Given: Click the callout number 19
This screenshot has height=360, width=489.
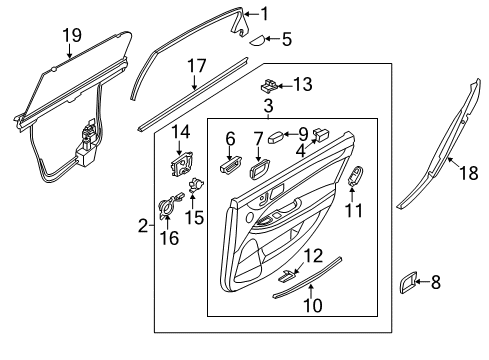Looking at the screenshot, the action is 72,35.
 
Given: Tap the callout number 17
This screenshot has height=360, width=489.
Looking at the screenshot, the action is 197,66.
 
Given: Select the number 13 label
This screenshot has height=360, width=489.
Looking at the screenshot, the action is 303,84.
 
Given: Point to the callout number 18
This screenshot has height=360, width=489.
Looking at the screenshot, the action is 469,173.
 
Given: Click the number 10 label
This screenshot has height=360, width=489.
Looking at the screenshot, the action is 313,305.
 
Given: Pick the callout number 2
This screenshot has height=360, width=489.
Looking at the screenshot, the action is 143,226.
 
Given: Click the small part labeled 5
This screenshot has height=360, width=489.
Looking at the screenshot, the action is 257,41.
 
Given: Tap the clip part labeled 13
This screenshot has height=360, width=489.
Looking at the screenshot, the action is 269,85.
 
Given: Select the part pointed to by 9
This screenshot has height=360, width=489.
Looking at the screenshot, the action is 276,137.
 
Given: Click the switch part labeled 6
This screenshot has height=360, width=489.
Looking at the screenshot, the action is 230,165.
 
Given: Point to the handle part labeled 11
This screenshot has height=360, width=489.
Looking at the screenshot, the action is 356,175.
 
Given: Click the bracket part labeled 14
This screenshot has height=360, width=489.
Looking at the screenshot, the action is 181,164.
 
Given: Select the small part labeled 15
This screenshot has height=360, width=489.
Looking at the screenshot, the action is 196,185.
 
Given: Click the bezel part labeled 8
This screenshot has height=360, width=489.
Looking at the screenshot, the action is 408,282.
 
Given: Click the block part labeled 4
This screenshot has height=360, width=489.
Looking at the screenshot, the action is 320,134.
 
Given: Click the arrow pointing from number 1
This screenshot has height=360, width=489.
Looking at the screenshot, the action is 252,14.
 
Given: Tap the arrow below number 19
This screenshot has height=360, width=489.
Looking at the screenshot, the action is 69,51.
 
